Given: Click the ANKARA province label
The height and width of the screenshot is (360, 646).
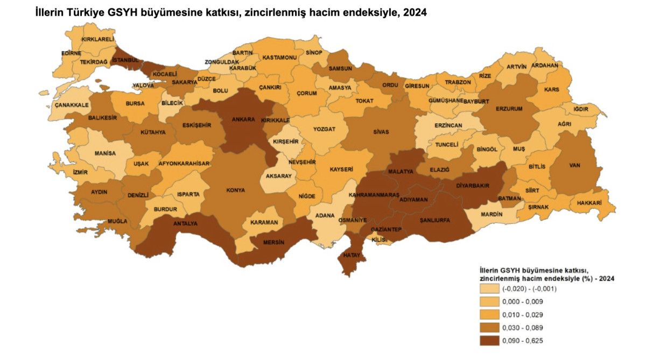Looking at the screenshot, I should point(243,119).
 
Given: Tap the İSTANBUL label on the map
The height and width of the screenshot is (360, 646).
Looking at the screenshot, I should point(125,59).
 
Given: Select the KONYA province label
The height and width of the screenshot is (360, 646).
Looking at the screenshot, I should point(236,190).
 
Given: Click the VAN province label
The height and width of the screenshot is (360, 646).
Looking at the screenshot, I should point(574,165).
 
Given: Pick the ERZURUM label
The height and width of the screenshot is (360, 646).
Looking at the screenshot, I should point(509,109).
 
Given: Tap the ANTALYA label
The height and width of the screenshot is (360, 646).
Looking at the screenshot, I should point(185,223).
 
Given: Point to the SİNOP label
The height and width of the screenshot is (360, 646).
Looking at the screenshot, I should point(314,52).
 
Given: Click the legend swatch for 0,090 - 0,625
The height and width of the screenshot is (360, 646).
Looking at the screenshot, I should point(488,340).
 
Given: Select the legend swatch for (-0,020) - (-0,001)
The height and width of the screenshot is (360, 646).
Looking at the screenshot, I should point(488,288).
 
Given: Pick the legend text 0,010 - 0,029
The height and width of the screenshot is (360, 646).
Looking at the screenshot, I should point(521,314).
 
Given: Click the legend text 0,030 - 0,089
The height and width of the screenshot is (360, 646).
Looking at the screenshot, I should point(521,327).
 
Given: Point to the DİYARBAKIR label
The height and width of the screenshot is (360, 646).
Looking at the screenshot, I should point(473,185).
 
